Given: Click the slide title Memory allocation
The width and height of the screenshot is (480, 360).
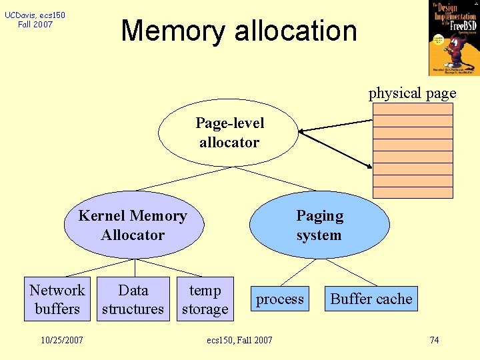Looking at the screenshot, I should pos(239,31).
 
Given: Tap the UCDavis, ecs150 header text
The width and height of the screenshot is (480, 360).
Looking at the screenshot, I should pos(35,19).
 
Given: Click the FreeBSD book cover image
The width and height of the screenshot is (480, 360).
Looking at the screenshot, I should pos(453,38).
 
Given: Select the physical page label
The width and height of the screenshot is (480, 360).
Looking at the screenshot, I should pos(412,93).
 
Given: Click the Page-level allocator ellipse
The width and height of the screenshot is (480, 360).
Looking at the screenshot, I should pos(229,133).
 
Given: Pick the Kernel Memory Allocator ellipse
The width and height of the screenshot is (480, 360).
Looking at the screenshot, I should pos(133,225).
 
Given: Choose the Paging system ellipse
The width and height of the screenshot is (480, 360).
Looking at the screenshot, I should pos(319,225).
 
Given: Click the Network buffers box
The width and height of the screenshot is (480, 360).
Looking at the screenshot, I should pos(57,299).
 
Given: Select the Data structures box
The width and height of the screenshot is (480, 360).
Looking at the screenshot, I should pos(133,299).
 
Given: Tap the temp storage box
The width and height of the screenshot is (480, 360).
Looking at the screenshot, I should pos(205,299).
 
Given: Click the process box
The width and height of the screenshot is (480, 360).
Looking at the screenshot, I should pos(280,299).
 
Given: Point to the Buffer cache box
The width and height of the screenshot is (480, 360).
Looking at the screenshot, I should pos(371,299).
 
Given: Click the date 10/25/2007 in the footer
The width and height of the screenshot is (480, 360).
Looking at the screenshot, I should pos(62,340).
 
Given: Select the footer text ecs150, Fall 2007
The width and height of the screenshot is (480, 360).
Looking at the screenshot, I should pos(239,340).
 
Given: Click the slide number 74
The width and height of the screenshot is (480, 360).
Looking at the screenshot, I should pos(434,340).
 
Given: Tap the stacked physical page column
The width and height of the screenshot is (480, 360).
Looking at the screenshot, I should pos(413,151).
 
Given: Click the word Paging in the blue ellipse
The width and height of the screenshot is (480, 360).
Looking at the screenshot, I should pos(320,216).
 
